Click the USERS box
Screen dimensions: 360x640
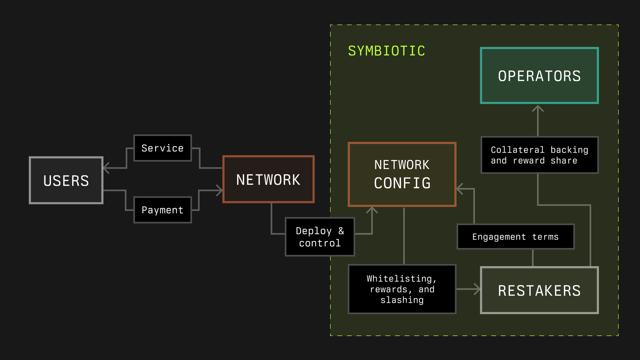point(66,180)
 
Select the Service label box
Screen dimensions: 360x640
point(162,148)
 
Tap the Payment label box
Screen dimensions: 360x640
point(162,210)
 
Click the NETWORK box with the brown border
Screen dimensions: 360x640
point(268,179)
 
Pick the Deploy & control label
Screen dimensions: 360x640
point(320,237)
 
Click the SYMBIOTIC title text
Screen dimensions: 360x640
point(387,51)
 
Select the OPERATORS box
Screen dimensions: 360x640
point(539,76)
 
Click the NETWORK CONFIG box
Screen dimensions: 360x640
point(402,174)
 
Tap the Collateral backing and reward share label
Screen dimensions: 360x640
point(539,155)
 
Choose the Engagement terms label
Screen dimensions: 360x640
point(515,237)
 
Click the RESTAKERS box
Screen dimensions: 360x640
point(539,290)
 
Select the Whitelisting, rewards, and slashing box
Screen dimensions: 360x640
point(402,289)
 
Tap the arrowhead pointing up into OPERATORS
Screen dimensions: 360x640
point(538,108)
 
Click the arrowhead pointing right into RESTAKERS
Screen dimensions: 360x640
point(478,289)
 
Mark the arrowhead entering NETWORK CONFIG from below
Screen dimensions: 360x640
point(372,209)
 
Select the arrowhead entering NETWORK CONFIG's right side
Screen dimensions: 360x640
point(459,189)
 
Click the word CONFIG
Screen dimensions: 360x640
point(402,183)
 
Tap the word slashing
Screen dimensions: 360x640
point(402,300)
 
